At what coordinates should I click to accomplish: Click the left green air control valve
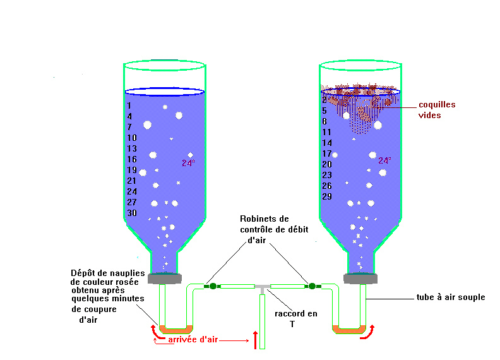(213, 286)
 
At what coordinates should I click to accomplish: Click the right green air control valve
(311, 286)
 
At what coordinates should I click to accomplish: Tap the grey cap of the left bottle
(165, 278)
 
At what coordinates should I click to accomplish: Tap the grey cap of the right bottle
(360, 278)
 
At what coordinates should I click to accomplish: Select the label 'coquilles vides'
(437, 110)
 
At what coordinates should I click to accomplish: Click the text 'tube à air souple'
(451, 297)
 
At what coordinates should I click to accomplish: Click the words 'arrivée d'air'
(193, 340)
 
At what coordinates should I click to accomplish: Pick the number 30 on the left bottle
(132, 213)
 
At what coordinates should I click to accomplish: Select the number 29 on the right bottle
(327, 196)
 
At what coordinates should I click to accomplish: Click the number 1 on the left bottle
(129, 105)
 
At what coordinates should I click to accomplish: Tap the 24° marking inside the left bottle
(188, 163)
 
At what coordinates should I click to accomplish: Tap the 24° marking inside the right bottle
(384, 161)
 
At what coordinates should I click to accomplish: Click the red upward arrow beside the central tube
(255, 340)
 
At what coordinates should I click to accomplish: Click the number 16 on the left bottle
(132, 159)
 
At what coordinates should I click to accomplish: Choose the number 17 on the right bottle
(327, 153)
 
